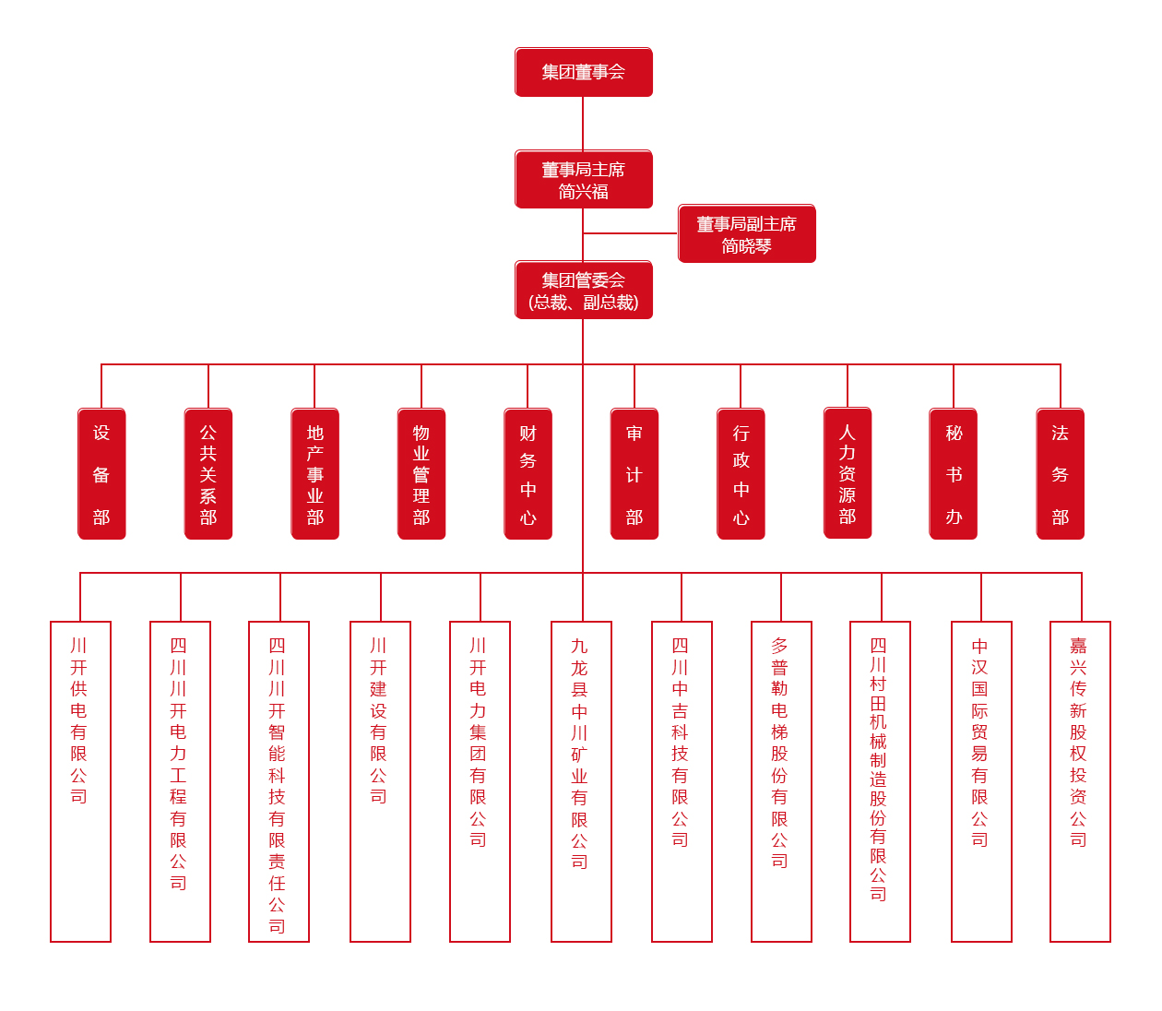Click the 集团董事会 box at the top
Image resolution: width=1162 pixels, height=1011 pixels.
point(583,72)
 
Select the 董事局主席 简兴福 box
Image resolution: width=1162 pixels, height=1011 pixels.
point(583,180)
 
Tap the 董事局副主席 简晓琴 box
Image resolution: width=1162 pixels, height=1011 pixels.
point(746,234)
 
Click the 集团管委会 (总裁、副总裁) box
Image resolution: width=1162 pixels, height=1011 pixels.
point(583,291)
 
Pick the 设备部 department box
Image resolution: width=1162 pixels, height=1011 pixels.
point(101,474)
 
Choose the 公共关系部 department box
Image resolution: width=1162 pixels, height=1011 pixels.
point(208,474)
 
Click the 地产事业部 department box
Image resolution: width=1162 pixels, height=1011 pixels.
point(314,474)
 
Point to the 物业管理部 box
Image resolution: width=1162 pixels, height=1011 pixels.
point(421,474)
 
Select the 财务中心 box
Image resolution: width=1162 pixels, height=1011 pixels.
point(528,474)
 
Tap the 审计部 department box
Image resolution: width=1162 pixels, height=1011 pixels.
point(634,474)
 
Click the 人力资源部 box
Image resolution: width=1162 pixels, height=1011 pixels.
point(848,473)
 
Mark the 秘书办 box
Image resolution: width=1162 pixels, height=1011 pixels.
point(954,474)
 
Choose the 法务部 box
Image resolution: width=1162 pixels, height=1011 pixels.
point(1061,474)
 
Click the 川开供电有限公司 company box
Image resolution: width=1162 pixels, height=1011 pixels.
point(80,781)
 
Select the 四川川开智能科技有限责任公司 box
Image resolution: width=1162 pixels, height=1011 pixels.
point(279,781)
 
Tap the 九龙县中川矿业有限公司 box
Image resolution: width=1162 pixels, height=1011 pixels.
point(581,781)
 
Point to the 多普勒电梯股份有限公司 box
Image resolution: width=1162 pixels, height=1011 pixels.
point(781,781)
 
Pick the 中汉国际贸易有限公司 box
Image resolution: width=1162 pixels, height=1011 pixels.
point(981,781)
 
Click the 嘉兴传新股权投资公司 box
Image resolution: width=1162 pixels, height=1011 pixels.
point(1080,781)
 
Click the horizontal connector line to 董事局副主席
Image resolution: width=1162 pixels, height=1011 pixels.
point(631,233)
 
